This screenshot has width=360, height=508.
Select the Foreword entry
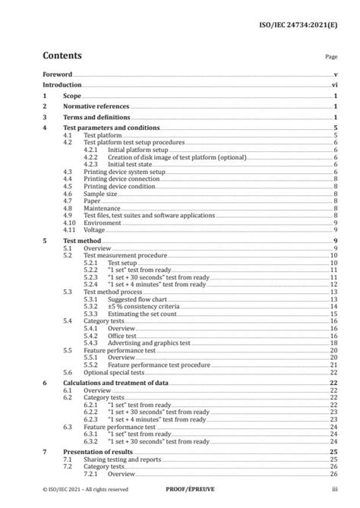57,75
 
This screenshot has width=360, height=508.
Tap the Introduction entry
63,86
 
